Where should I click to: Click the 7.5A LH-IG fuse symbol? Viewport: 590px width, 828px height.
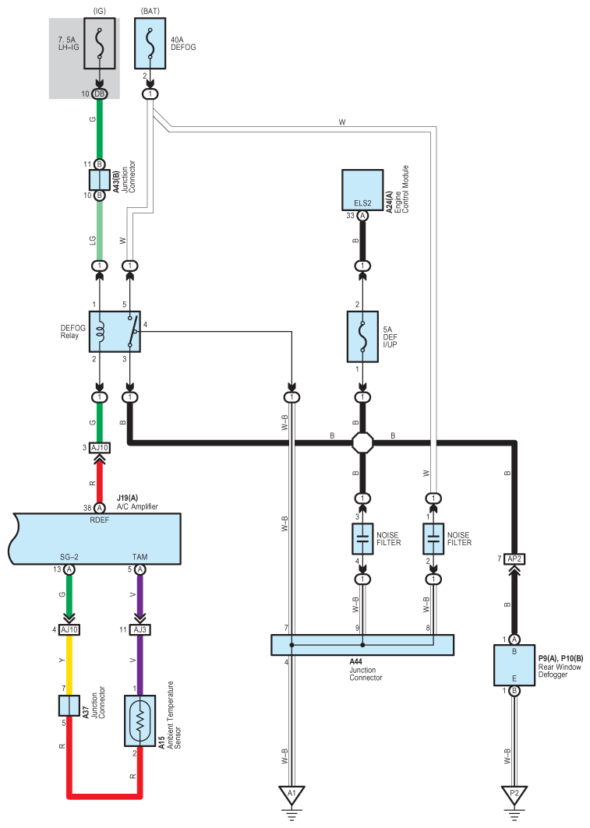click(99, 44)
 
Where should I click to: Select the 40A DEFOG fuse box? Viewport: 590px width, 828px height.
click(150, 44)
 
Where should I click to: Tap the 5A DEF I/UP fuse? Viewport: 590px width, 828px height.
click(362, 336)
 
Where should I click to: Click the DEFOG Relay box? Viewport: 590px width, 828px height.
click(115, 332)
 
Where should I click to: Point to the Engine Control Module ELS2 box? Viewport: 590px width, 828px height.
click(362, 190)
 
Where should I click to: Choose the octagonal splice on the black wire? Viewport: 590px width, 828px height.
click(362, 442)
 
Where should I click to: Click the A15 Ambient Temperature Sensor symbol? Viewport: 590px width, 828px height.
click(140, 721)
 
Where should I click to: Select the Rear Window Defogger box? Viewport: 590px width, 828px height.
click(514, 665)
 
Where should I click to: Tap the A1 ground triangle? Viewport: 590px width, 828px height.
click(291, 795)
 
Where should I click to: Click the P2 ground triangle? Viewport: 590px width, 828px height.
click(514, 795)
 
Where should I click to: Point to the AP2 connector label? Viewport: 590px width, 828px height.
click(514, 558)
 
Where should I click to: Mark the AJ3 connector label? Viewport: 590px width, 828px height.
click(140, 629)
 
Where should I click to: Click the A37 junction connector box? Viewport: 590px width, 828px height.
click(69, 706)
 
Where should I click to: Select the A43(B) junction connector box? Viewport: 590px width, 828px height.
click(99, 180)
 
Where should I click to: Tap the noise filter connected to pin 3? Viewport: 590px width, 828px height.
click(362, 538)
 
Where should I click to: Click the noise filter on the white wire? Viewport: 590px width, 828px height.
click(433, 538)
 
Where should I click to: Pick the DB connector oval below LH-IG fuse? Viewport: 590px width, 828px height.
click(99, 94)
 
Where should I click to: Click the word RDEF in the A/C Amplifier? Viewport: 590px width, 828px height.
click(99, 520)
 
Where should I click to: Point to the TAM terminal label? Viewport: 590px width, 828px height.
click(140, 557)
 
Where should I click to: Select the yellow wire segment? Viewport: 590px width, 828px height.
click(69, 661)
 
